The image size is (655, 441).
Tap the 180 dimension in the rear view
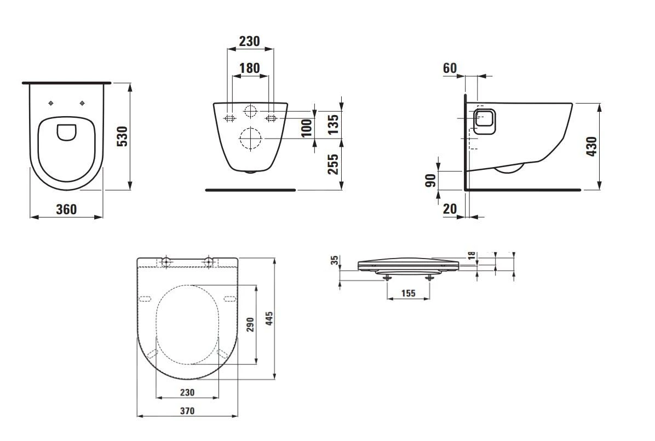[250, 68]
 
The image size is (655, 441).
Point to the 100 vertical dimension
[307, 127]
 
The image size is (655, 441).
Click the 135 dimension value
[332, 121]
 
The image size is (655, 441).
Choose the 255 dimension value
[332, 164]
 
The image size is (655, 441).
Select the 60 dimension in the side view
[450, 68]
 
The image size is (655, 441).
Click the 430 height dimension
[591, 146]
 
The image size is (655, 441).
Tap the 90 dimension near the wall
[432, 180]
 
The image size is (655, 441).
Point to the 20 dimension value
[449, 209]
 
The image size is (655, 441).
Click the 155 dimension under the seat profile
[407, 293]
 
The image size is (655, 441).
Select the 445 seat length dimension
[269, 318]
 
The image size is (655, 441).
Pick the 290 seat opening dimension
[250, 325]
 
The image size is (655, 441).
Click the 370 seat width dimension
[187, 410]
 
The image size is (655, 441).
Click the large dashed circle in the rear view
[250, 139]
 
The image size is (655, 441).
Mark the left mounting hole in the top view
[51, 104]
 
